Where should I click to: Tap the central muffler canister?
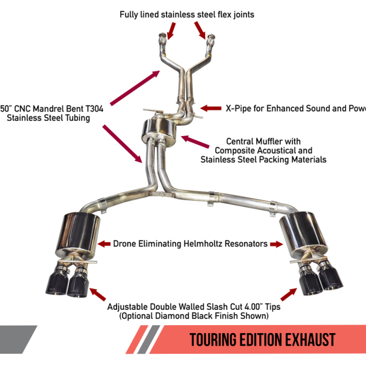pos(157,129)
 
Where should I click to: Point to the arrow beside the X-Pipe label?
pos(211,108)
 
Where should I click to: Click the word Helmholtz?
pos(204,243)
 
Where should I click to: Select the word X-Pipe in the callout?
pos(239,109)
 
